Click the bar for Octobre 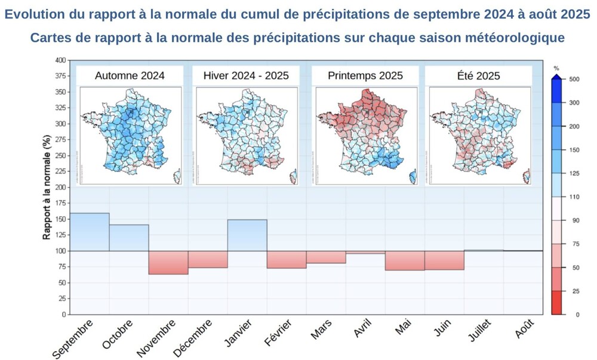(x=129, y=238)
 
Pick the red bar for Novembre (x=168, y=263)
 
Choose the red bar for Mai (x=405, y=260)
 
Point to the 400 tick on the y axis (x=60, y=60)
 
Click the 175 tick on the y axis (x=60, y=204)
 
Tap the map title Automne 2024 (x=130, y=76)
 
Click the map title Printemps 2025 (x=365, y=76)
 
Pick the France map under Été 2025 (x=478, y=135)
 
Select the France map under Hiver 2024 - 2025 (x=245, y=135)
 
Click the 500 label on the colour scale (x=575, y=79)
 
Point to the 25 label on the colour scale (x=575, y=291)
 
